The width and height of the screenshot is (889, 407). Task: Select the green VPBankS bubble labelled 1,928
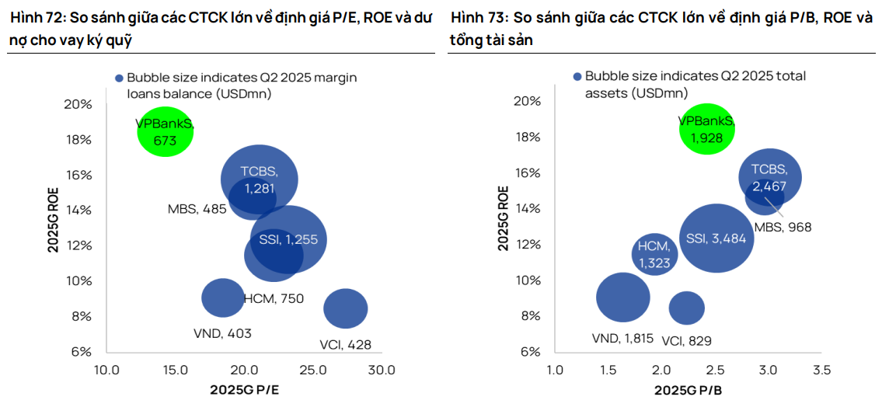point(706,129)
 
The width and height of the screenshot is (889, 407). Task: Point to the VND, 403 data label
point(222,333)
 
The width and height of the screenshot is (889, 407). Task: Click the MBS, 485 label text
point(197,208)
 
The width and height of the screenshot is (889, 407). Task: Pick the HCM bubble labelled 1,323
point(655,253)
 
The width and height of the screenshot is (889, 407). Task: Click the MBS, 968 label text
point(783,227)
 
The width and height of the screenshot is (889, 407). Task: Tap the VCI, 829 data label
point(686,340)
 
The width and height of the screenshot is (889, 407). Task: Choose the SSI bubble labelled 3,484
point(716,238)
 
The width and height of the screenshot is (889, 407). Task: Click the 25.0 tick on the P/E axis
point(314,370)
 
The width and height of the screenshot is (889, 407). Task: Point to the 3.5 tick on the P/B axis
point(821,369)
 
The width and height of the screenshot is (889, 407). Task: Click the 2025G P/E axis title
point(244,389)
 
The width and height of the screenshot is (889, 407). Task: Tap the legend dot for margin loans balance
point(119,78)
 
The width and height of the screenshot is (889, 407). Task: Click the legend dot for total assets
point(577,77)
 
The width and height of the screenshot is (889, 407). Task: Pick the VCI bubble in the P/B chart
point(686,308)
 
